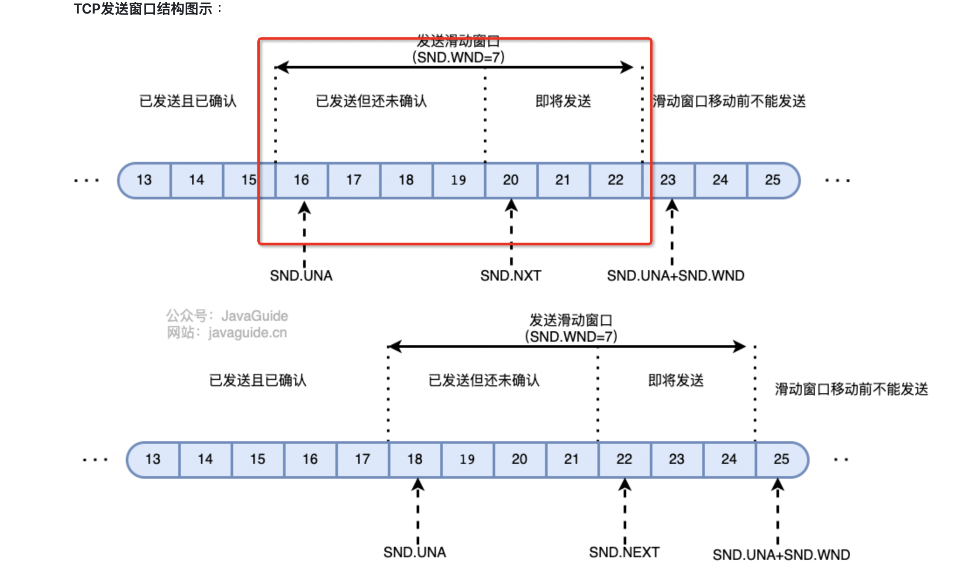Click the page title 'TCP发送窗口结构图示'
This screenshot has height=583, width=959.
[x=143, y=9]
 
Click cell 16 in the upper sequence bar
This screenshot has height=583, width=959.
[x=301, y=180]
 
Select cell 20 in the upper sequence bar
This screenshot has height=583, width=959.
[x=511, y=180]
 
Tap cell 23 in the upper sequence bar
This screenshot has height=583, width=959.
[x=668, y=180]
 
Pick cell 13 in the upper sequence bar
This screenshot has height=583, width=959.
[x=144, y=180]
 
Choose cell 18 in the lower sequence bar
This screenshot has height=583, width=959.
[x=415, y=459]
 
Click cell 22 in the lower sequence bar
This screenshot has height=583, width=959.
[x=624, y=459]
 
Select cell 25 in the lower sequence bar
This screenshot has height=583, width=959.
[x=781, y=459]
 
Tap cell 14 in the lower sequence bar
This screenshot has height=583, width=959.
[x=205, y=459]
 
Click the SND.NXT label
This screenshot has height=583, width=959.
[x=511, y=276]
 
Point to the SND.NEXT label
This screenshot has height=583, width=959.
[x=624, y=552]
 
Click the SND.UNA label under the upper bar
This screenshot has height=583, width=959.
[x=301, y=276]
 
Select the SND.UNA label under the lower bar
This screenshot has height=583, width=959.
[x=415, y=552]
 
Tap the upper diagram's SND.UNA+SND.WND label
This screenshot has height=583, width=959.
[x=676, y=276]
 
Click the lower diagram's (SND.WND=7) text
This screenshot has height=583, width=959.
[x=571, y=337]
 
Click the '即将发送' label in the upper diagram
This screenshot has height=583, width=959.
[x=563, y=101]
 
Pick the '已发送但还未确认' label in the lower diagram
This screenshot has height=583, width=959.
[x=484, y=381]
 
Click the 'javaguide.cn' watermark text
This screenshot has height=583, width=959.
[x=247, y=333]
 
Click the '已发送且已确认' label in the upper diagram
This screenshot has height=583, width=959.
[x=188, y=101]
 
